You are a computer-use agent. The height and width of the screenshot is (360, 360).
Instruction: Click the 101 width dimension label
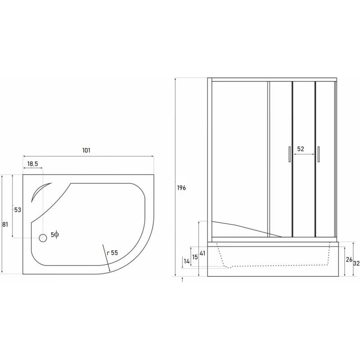point(86,150)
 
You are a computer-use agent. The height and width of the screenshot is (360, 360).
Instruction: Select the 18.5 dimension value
point(32,164)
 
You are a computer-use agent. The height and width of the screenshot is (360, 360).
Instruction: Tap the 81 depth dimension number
point(5,225)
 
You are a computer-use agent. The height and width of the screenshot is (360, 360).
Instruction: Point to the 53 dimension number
point(18,210)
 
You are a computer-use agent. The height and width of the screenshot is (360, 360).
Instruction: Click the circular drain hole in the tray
point(43,238)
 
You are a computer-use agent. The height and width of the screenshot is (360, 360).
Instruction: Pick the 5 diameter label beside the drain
point(55,234)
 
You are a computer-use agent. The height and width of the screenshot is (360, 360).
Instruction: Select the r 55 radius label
point(112,253)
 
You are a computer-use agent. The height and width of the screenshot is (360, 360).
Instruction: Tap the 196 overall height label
point(181,188)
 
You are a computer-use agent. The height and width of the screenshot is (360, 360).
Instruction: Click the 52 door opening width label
point(301,149)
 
